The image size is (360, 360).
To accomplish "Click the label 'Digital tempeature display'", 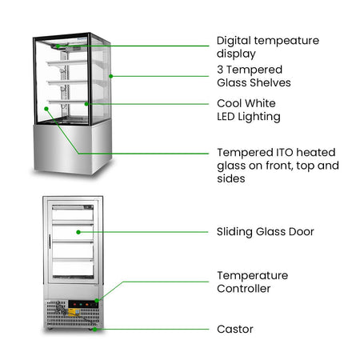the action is pos(268,47).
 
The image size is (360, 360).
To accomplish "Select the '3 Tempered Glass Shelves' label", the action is pos(254,76).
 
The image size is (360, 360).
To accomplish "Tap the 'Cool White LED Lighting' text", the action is pos(249,110).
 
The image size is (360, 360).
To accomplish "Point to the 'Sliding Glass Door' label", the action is pos(266,232).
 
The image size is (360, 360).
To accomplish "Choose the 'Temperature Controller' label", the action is pos(252,282).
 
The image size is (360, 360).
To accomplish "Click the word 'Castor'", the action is pos(235,329).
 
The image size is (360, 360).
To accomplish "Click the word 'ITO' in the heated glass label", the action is pos(285,153).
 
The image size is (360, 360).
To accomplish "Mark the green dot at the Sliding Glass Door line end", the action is pos(78,232).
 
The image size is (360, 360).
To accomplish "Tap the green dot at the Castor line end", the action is pos(94,330).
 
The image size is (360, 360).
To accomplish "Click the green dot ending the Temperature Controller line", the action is pos(97,301).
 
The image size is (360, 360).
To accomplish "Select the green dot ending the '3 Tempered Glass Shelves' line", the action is pos(111,76).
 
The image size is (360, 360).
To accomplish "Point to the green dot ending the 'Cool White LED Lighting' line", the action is pos(86,104).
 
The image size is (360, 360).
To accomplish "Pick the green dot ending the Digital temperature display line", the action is pos(58,46).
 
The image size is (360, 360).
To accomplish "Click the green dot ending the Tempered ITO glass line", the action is pos(46,109).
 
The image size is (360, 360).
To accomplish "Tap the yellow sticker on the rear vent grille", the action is pos(74,312).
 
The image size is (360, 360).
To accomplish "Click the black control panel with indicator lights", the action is pos(83,304).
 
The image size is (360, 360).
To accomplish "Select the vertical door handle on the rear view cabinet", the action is pos(50,242).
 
